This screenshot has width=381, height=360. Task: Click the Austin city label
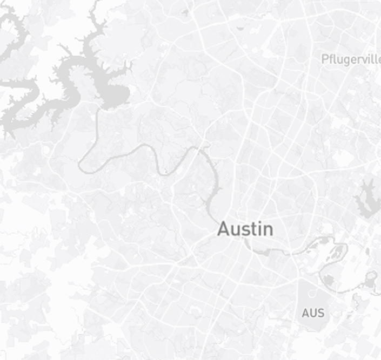tap(245, 229)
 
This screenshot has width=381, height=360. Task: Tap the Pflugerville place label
tap(351, 59)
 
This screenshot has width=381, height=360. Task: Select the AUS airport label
tap(313, 313)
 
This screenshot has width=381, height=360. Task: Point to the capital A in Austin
tap(224, 229)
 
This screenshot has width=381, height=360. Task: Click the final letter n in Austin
tap(267, 230)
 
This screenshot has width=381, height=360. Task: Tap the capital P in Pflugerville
tap(324, 59)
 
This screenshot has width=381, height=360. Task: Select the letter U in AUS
tap(313, 313)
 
